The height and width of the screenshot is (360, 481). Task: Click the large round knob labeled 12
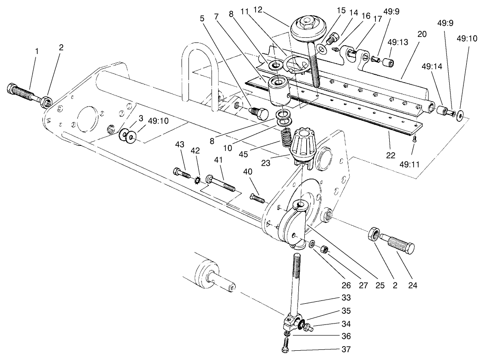click(x=306, y=28)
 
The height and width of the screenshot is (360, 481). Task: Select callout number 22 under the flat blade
click(x=390, y=155)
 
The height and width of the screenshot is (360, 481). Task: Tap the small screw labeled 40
click(x=258, y=198)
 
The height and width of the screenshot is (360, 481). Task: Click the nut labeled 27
click(x=325, y=249)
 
